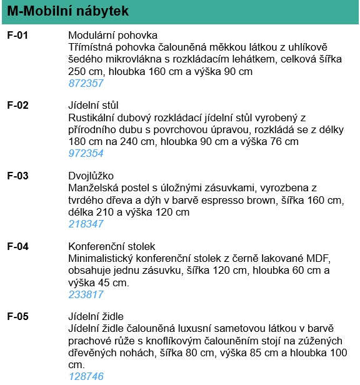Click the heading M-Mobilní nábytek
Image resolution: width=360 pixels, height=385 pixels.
point(68,11)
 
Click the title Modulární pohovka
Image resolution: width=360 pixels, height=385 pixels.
point(112,35)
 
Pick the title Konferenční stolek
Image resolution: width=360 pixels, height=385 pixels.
point(111,246)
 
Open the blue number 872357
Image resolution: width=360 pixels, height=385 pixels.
point(86,83)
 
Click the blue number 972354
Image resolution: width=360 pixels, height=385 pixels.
point(86,154)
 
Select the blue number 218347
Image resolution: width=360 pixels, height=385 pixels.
point(86,224)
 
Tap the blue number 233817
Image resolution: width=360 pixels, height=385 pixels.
point(86,294)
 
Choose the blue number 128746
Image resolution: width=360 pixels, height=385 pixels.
point(86,376)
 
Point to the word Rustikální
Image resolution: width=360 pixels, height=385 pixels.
point(91,117)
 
